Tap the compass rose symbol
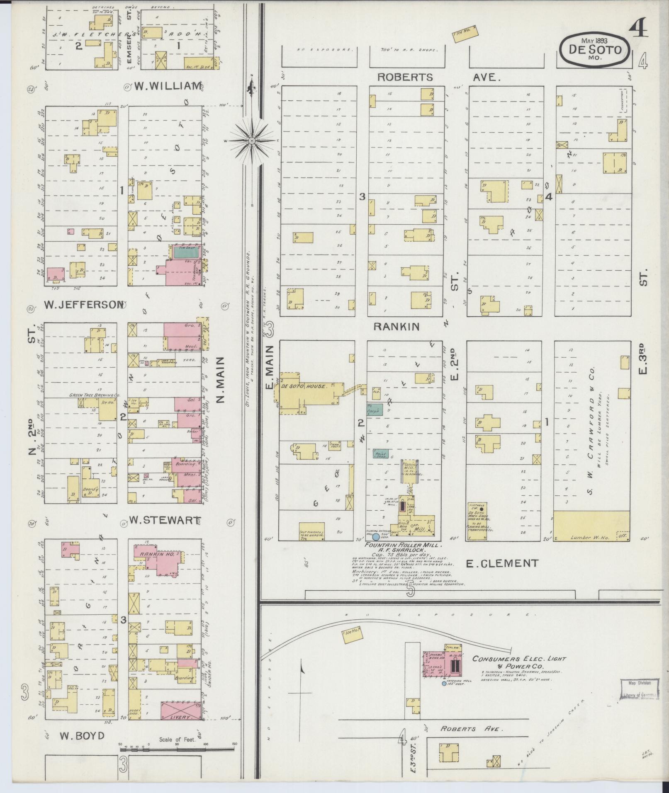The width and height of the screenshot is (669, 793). (x=251, y=141)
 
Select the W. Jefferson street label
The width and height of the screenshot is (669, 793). (x=83, y=305)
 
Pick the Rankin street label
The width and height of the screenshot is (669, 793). (x=396, y=327)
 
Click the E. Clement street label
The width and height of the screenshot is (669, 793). (x=502, y=563)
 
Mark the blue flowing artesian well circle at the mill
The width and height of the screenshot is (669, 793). (x=376, y=536)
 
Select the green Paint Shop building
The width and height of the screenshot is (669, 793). (x=380, y=454)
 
